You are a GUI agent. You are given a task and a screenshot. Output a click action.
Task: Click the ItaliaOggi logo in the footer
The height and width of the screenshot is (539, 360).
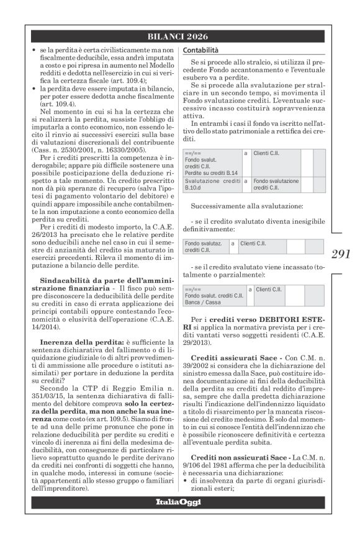(x=180, y=501)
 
